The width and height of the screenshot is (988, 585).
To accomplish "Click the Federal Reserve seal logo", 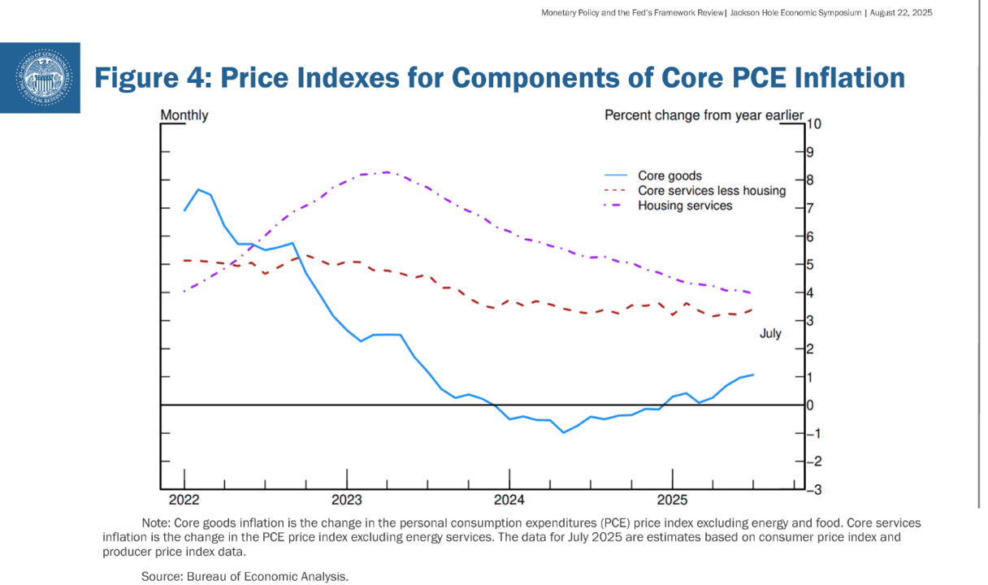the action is [x=44, y=78].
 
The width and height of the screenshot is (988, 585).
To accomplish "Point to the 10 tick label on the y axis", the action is [x=814, y=124].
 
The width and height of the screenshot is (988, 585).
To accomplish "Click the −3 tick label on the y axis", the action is [x=814, y=489].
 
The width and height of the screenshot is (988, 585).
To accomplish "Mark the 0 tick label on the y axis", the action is [x=810, y=405].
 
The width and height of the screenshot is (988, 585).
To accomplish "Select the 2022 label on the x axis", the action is [x=184, y=500].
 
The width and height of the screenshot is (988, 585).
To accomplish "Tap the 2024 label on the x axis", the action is [x=509, y=500].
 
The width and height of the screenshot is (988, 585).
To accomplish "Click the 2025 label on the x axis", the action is [x=672, y=500].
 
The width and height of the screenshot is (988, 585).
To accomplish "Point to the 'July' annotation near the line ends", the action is [x=770, y=333].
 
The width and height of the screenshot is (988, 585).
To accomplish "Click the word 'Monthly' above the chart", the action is [x=184, y=115].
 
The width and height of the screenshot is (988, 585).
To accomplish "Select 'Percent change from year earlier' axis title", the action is [x=704, y=115].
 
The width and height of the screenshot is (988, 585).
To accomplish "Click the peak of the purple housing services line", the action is [x=388, y=172].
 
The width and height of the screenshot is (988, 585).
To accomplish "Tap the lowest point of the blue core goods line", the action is [x=563, y=432].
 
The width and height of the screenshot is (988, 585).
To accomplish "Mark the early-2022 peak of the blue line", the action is [x=197, y=189].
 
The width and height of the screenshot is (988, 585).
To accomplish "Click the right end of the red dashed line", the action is [x=752, y=310].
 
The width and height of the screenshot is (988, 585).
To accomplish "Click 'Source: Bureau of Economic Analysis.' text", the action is [x=245, y=577].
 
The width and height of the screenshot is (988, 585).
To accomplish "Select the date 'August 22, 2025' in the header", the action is [x=901, y=13].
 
